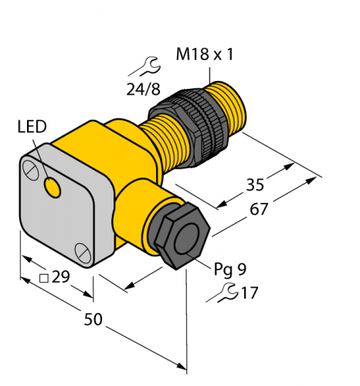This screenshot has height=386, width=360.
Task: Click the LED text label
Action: pos(32,126)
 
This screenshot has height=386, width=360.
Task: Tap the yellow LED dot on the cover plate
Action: pos(53,186)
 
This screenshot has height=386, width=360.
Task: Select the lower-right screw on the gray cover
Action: pos(80,249)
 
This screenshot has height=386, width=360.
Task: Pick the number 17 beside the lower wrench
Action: pos(249,293)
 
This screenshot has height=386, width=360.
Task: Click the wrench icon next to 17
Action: pos(228,292)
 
